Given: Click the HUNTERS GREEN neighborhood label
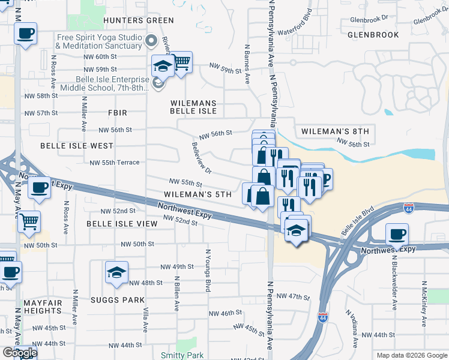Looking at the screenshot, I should pyautogui.click(x=130, y=20).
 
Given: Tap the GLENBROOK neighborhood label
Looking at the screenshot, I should pyautogui.click(x=373, y=35).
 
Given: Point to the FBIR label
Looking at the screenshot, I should pyautogui.click(x=118, y=112).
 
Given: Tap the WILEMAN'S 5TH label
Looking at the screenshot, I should pyautogui.click(x=197, y=195).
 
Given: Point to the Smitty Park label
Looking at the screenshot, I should pyautogui.click(x=182, y=355).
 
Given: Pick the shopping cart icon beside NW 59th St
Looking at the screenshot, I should pyautogui.click(x=181, y=62).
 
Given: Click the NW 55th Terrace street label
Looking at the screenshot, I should pyautogui.click(x=114, y=163).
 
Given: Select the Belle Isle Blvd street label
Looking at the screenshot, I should pyautogui.click(x=357, y=221).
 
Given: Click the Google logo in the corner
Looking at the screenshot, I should pyautogui.click(x=20, y=353).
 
